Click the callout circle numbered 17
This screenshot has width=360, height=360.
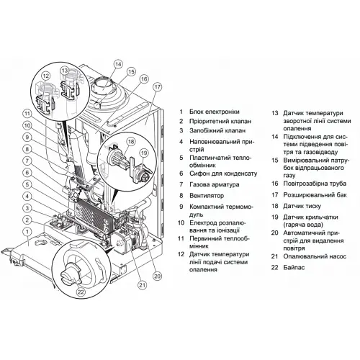pyautogui.click(x=157, y=86)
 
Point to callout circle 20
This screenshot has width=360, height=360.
pyautogui.click(x=158, y=275)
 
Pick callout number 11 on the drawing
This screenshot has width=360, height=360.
pyautogui.click(x=27, y=113)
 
